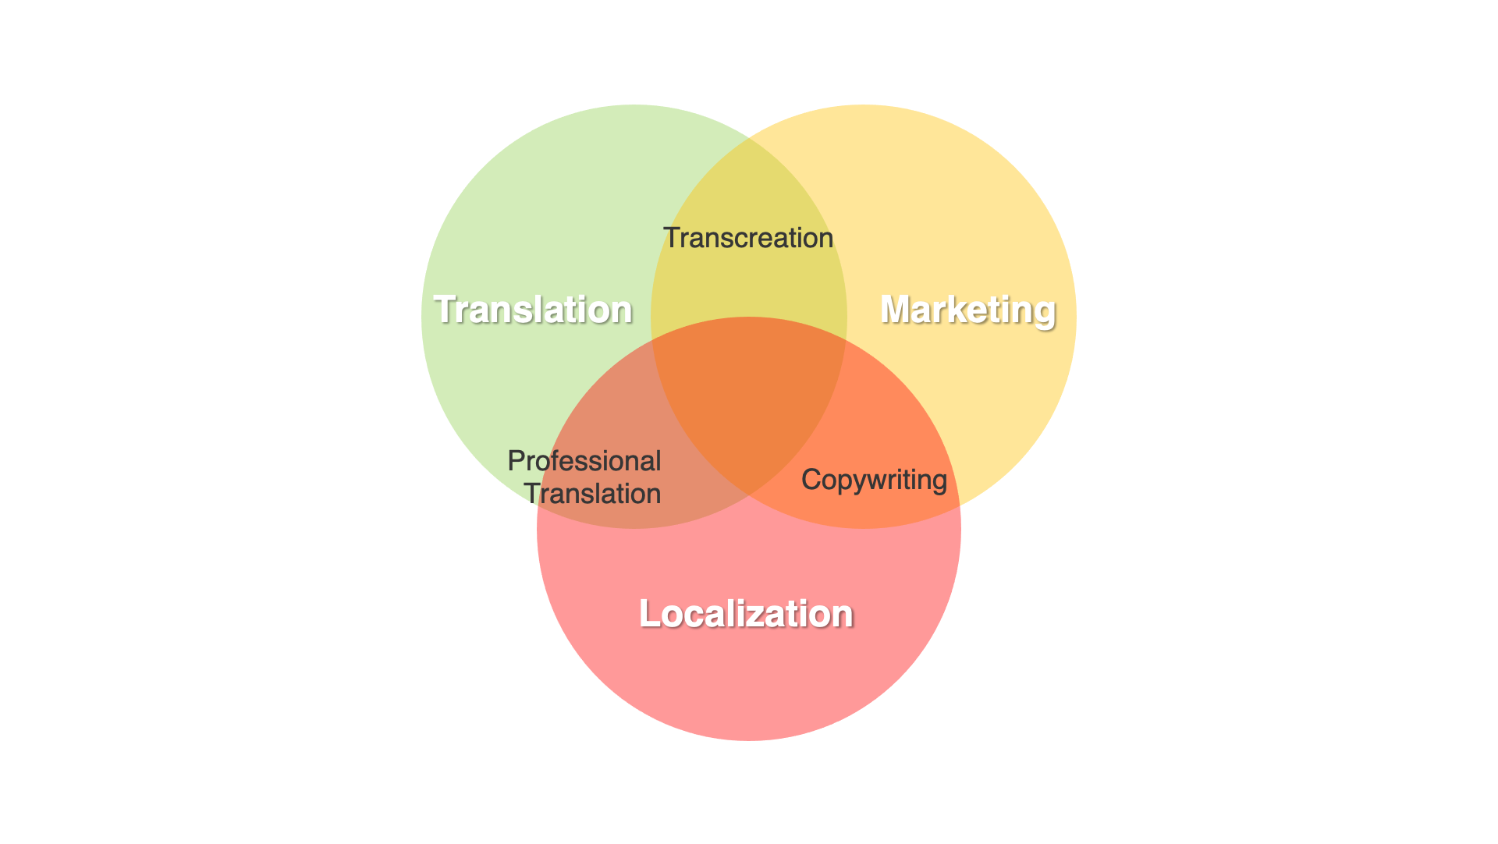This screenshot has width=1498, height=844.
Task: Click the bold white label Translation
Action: [x=533, y=310]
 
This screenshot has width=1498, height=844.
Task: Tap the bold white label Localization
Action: [x=746, y=614]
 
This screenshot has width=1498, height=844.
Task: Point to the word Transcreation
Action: [x=748, y=238]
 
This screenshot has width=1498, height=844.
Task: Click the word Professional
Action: [x=584, y=461]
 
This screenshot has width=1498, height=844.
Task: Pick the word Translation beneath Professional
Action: [x=592, y=494]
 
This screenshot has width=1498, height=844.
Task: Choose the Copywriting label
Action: [x=874, y=481]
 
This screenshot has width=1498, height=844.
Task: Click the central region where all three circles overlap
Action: [x=749, y=398]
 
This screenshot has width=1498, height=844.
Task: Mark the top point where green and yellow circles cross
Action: [x=749, y=139]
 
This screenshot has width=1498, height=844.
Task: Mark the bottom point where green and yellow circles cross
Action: [x=749, y=495]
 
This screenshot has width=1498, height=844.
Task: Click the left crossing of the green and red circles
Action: [x=538, y=505]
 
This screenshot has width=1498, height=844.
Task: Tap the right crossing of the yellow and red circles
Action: [x=960, y=506]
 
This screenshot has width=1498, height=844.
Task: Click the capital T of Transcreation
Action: [x=672, y=238]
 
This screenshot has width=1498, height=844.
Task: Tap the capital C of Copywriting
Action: [x=811, y=479]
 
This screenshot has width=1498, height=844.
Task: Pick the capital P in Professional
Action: [x=516, y=461]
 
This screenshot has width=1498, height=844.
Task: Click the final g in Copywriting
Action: [x=939, y=483]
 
